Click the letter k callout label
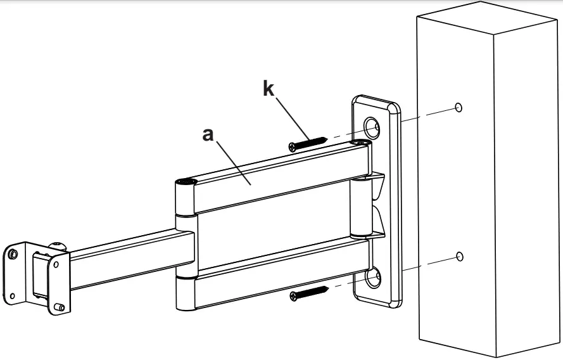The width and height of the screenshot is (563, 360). [x=269, y=89]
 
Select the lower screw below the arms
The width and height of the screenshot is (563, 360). [x=310, y=293]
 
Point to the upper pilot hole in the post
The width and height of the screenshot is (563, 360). [x=459, y=107]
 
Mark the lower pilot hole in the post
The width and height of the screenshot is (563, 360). [x=460, y=256]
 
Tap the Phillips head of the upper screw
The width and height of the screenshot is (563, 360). [x=293, y=146]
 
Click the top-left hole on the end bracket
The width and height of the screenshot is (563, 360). [x=12, y=254]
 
